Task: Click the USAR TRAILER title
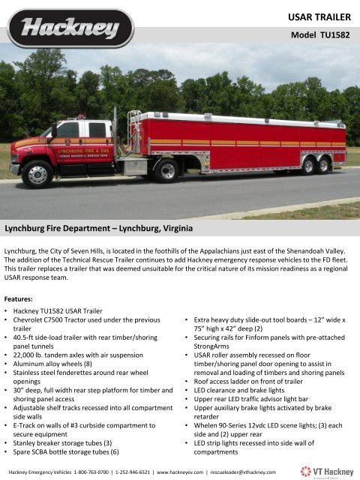coord(320,15)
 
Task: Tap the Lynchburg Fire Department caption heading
coord(99,226)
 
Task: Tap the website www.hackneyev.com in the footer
coord(223,472)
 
